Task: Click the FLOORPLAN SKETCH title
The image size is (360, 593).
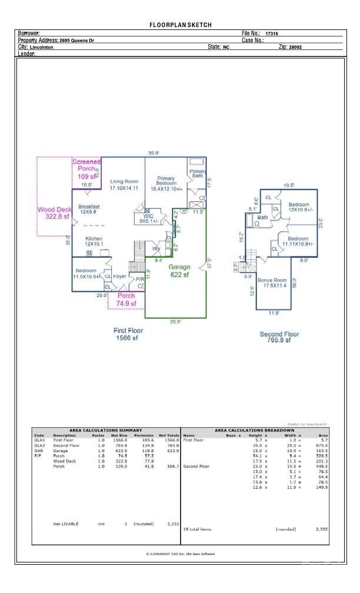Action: click(180, 25)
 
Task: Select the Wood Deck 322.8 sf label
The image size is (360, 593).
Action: click(54, 213)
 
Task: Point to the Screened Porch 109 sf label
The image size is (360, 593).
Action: click(86, 169)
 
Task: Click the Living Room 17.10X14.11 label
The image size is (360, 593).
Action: click(124, 185)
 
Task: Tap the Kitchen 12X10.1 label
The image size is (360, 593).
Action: click(94, 241)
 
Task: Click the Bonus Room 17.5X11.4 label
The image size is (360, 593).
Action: click(272, 283)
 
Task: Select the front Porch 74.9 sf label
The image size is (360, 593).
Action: click(126, 300)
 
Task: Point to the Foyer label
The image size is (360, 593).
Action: click(120, 276)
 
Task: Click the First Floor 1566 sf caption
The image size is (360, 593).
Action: click(128, 334)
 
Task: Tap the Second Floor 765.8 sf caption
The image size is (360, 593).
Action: click(279, 337)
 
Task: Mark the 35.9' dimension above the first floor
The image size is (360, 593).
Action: click(154, 154)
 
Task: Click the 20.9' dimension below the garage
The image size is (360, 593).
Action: click(175, 322)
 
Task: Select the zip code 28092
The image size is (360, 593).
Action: click(294, 46)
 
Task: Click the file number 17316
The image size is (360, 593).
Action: click(271, 34)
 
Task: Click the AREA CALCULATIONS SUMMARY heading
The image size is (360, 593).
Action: click(106, 430)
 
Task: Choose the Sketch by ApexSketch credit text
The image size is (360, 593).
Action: click(306, 424)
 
